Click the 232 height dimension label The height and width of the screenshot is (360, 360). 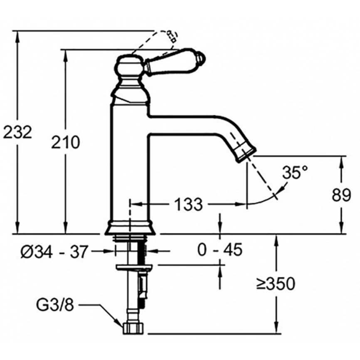[17, 133]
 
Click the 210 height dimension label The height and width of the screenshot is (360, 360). [65, 142]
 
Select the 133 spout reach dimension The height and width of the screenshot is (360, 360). [189, 204]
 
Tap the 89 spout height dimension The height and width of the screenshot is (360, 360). [341, 195]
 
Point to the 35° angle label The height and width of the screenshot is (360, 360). [295, 173]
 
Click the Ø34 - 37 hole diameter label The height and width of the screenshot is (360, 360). [54, 251]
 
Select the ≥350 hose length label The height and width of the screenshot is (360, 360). [276, 284]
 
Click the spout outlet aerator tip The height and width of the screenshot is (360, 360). [245, 153]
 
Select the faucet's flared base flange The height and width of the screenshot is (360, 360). [130, 228]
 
